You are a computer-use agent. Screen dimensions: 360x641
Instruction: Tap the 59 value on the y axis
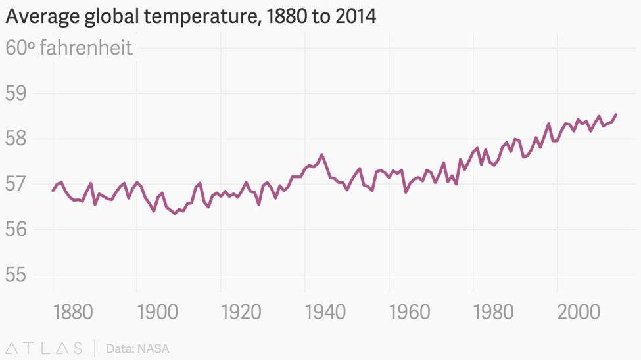16,93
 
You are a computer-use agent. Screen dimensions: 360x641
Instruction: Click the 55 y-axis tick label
16,275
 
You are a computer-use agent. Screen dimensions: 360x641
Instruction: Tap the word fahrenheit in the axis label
86,48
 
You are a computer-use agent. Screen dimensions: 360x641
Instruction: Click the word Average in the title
41,17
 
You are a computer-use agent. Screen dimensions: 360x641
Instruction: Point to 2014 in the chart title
355,17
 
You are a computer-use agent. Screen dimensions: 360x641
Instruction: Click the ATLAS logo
45,348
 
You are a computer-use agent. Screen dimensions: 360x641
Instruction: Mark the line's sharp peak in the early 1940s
321,155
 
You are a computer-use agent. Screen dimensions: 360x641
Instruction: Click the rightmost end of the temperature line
616,114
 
